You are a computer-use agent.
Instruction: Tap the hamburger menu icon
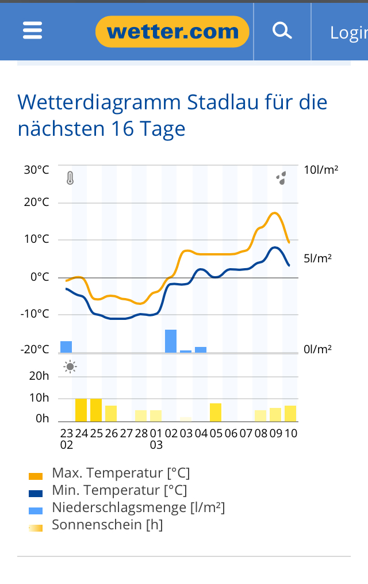point(33,30)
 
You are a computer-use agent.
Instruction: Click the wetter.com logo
point(172,32)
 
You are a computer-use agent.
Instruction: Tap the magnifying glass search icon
point(282,30)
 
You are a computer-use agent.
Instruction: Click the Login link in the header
point(348,33)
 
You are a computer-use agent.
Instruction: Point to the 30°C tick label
point(36,170)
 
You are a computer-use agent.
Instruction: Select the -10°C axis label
point(35,314)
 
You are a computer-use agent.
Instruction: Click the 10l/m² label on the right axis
point(321,170)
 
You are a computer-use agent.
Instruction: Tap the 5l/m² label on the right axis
point(317,258)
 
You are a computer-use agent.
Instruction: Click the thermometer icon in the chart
point(70,178)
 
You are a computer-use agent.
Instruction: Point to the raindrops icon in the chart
point(281,178)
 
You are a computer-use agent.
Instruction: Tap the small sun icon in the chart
point(70,367)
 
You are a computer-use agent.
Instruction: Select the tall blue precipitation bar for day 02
point(171,341)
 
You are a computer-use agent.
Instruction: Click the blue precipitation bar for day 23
point(66,346)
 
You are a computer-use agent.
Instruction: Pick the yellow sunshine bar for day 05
point(216,413)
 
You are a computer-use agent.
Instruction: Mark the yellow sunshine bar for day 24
point(81,410)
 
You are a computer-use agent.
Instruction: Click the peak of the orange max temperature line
point(275,213)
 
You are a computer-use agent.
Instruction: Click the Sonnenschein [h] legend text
point(108,525)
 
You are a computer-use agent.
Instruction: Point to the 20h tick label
point(39,376)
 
